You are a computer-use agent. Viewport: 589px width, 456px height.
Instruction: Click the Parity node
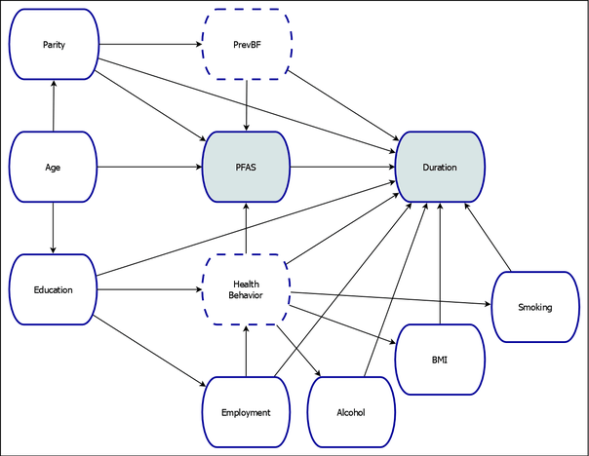[54, 45]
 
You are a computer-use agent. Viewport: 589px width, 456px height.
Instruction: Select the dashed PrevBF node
[246, 45]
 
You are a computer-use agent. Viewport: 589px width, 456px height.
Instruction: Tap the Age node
[54, 168]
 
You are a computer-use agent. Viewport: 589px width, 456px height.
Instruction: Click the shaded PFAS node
[246, 168]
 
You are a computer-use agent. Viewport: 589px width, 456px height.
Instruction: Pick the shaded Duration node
[439, 168]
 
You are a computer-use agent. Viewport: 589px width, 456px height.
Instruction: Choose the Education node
[54, 289]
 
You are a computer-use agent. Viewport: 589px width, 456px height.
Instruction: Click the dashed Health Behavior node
[246, 289]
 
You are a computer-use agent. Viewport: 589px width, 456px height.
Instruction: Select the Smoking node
[535, 307]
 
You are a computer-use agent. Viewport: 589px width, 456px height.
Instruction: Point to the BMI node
[439, 360]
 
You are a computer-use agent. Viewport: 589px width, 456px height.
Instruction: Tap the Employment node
[246, 412]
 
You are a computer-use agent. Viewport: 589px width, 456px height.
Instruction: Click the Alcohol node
[351, 412]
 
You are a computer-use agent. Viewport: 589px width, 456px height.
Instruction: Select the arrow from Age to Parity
[54, 106]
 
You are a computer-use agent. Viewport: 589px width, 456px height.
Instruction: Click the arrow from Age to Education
[54, 228]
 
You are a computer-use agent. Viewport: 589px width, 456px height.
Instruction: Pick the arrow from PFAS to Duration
[342, 168]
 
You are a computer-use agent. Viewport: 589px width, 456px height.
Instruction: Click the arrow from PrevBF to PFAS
[246, 106]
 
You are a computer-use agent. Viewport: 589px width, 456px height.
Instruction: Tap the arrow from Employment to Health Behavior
[246, 351]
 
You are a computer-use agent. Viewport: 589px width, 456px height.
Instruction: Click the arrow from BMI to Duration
[439, 263]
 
